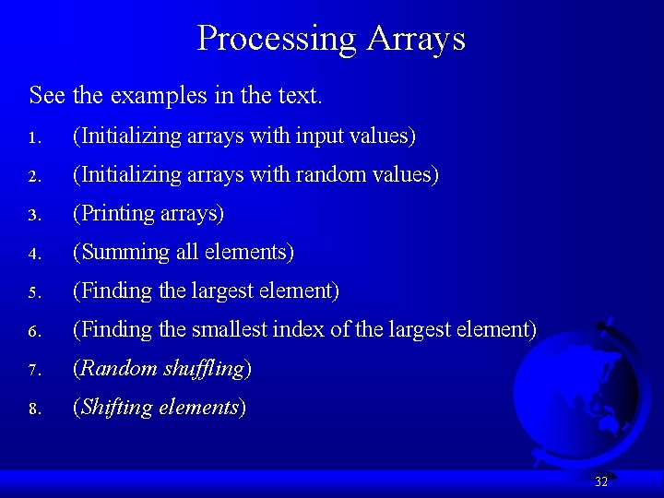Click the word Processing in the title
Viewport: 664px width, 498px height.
click(x=276, y=39)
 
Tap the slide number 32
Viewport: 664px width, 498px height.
click(x=601, y=481)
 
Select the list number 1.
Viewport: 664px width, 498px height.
click(x=32, y=138)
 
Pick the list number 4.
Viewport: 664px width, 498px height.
click(x=32, y=254)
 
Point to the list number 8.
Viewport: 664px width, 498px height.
click(x=32, y=409)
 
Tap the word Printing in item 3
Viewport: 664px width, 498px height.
click(x=117, y=214)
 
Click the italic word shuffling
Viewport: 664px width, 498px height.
click(x=202, y=369)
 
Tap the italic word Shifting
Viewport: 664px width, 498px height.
click(x=116, y=408)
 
